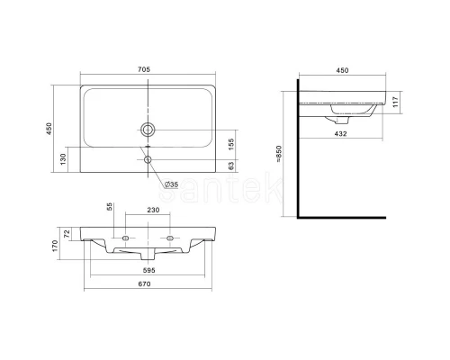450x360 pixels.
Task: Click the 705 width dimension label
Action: pos(144,69)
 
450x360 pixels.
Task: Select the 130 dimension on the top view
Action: pos(63,159)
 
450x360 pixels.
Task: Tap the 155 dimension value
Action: pos(231,144)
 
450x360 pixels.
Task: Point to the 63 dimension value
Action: pos(231,166)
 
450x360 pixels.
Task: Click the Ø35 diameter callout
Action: pos(171,184)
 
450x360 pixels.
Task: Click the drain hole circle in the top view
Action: pos(148,130)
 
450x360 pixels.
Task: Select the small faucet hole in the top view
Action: pos(148,159)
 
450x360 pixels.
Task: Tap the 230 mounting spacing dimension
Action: pos(153,210)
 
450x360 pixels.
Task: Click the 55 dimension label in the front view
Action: pos(110,206)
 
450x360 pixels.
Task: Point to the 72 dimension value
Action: pos(67,234)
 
